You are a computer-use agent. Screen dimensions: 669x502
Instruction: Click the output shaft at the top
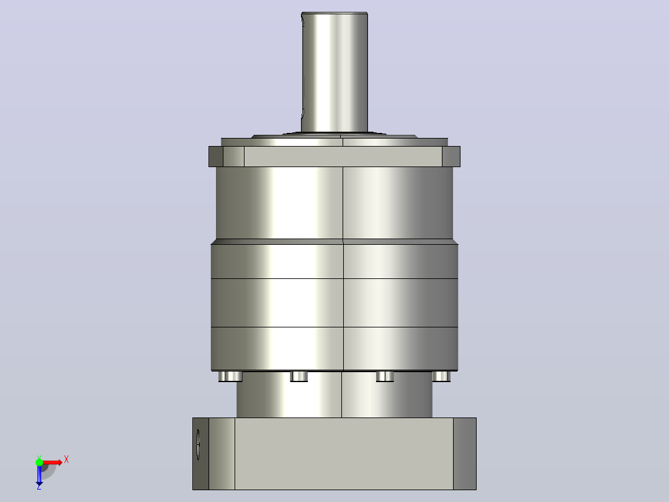coord(334,73)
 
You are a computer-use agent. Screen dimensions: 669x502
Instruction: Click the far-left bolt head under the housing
coord(230,376)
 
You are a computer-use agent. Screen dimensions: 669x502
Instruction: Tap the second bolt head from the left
coord(299,376)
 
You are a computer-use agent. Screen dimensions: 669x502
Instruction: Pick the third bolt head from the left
coord(385,376)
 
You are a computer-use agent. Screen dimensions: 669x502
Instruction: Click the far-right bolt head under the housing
coord(441,376)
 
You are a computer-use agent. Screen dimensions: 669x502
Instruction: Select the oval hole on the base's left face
coord(198,445)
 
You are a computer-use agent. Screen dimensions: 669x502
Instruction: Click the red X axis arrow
coord(52,462)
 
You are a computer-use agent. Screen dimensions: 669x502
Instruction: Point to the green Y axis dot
coord(39,462)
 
